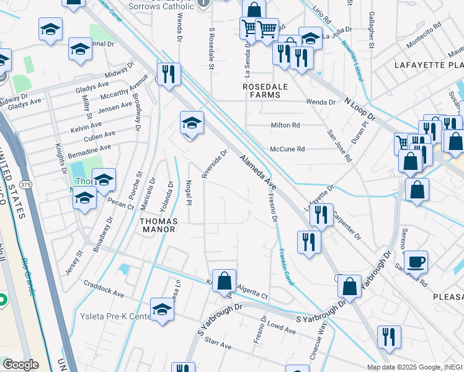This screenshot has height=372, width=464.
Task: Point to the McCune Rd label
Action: click(287, 149)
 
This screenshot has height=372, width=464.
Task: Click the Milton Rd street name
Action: click(285, 125)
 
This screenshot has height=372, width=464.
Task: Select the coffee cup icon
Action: click(415, 260)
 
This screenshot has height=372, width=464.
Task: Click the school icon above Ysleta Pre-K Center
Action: click(162, 308)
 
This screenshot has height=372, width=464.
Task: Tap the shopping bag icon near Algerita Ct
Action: click(225, 280)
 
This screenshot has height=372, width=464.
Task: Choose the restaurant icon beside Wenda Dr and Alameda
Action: click(169, 74)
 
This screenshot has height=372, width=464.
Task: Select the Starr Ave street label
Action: click(218, 342)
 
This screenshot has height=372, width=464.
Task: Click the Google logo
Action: click(20, 365)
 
